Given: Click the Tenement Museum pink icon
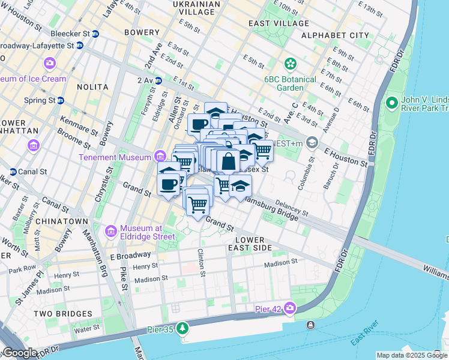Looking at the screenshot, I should (x=160, y=157).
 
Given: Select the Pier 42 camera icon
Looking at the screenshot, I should (x=290, y=308).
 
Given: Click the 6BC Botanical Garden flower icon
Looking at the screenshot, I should (x=291, y=64).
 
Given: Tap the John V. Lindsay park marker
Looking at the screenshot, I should (x=393, y=104).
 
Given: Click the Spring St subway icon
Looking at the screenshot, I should (x=60, y=100).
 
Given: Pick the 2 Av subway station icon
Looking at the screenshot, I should (x=158, y=80).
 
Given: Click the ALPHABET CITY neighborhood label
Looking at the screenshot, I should (x=335, y=35).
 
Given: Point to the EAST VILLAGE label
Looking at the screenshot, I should (x=279, y=23).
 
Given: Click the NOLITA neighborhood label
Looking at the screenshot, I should (x=92, y=87).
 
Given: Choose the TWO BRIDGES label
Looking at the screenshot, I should (x=63, y=314).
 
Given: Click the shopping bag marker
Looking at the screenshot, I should (x=228, y=161).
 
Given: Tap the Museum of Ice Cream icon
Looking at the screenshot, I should (x=49, y=63).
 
